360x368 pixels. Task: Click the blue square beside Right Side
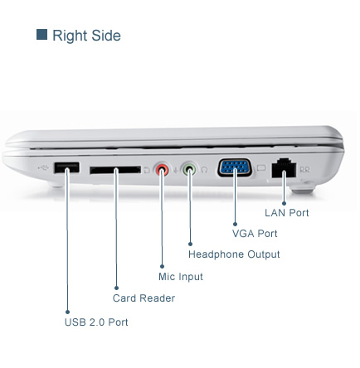click(41, 35)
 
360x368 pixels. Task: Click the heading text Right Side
click(86, 36)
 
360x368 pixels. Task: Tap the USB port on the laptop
click(66, 167)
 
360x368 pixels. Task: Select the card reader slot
click(115, 170)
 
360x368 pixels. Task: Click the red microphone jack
click(162, 169)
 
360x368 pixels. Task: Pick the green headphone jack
click(189, 168)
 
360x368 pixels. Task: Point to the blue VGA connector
click(235, 167)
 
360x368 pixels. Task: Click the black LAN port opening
click(284, 168)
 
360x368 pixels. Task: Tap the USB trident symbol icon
click(43, 167)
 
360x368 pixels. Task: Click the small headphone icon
click(204, 170)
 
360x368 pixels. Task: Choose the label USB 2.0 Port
click(96, 322)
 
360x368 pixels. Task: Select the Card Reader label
click(144, 298)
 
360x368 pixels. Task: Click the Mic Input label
click(181, 277)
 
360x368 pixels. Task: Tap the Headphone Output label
click(234, 254)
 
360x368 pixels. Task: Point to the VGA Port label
click(255, 234)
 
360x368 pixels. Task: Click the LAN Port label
click(287, 213)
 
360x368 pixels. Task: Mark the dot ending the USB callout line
click(67, 312)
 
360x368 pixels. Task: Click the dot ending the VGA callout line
click(235, 224)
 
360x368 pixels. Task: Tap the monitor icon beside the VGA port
click(261, 168)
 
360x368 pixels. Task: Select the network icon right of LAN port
click(305, 169)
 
